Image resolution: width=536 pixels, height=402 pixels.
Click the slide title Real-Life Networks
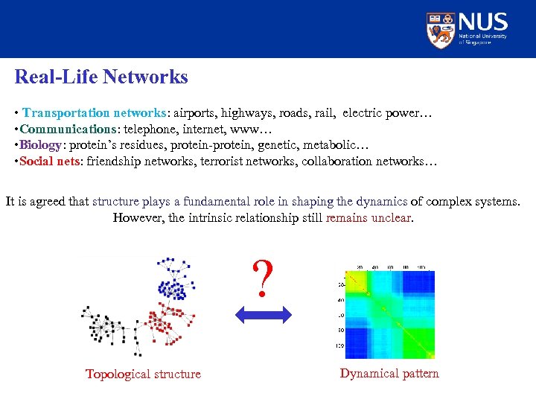[101, 77]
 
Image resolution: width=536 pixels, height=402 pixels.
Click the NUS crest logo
[441, 29]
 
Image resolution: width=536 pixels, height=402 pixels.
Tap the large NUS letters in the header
[483, 22]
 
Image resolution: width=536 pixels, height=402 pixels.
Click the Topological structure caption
[143, 374]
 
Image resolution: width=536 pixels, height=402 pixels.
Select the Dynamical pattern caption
[389, 373]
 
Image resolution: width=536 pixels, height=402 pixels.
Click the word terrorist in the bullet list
[225, 162]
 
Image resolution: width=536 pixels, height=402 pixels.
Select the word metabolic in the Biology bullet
[329, 145]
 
